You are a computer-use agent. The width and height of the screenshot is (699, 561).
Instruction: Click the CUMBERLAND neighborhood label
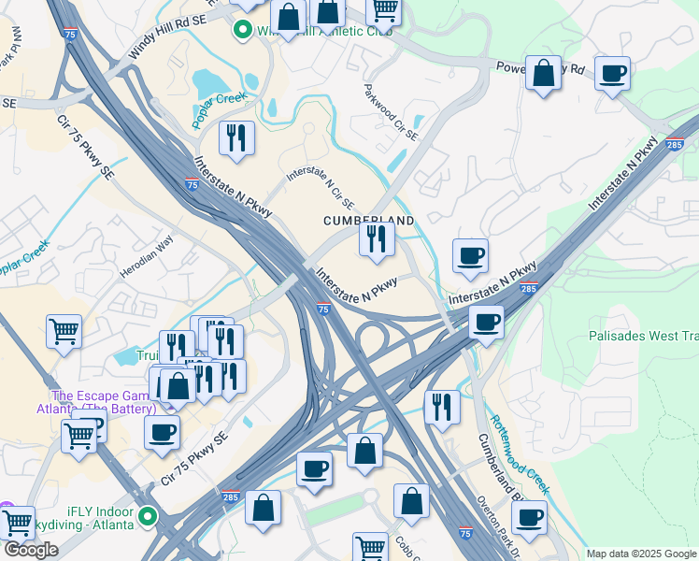click(368, 220)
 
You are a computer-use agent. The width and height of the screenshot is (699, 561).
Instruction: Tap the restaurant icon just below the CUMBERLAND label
click(377, 239)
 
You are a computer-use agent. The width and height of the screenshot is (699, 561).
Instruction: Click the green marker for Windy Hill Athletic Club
click(243, 31)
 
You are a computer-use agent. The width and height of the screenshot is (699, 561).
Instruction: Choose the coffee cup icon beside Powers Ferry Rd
click(612, 73)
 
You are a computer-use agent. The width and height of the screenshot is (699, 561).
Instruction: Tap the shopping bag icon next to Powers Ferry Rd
click(543, 74)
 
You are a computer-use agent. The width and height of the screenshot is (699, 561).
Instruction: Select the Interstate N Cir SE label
click(320, 187)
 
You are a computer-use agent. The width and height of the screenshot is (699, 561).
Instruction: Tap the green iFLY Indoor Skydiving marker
click(148, 515)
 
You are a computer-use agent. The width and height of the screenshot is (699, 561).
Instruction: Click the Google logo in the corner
click(31, 550)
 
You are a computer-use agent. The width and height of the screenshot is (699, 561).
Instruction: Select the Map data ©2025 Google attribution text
click(640, 554)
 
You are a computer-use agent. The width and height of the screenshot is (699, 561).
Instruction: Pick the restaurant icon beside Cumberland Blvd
click(442, 407)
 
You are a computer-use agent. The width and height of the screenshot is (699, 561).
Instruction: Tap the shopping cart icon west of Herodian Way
click(64, 331)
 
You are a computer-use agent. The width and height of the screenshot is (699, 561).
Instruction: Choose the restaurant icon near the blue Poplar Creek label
click(236, 138)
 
